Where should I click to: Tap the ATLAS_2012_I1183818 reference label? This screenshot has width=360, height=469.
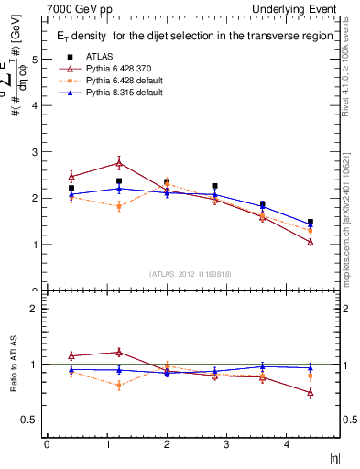pos(190,273)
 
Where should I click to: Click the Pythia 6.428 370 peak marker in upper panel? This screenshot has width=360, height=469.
pos(119,163)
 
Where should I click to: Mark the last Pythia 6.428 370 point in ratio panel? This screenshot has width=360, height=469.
pos(311,393)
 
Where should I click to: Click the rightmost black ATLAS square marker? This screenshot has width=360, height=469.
pos(311,222)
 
